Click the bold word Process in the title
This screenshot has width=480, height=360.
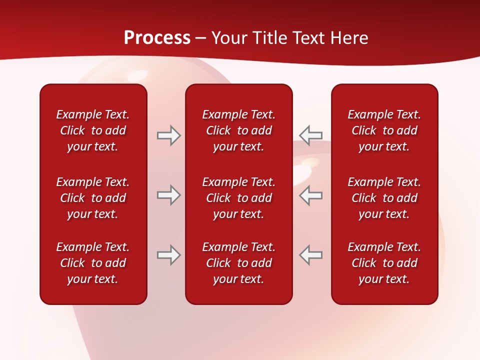click(157, 38)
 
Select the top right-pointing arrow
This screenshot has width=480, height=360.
click(168, 135)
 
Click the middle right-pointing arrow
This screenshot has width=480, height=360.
click(168, 195)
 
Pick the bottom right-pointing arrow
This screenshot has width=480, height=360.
click(168, 255)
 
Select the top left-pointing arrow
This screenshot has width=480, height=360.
click(310, 135)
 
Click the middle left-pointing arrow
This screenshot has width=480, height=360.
click(310, 195)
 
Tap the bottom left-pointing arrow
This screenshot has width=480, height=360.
click(310, 255)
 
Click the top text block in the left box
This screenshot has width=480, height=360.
click(93, 130)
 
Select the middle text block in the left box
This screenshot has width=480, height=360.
click(93, 198)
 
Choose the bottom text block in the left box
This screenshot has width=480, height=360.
click(93, 263)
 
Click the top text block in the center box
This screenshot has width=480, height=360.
click(238, 130)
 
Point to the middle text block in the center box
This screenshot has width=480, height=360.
click(238, 198)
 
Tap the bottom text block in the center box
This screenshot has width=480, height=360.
click(238, 263)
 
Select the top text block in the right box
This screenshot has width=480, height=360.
click(384, 130)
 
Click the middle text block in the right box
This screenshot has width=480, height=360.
click(384, 198)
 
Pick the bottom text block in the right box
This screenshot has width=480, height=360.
click(384, 263)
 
